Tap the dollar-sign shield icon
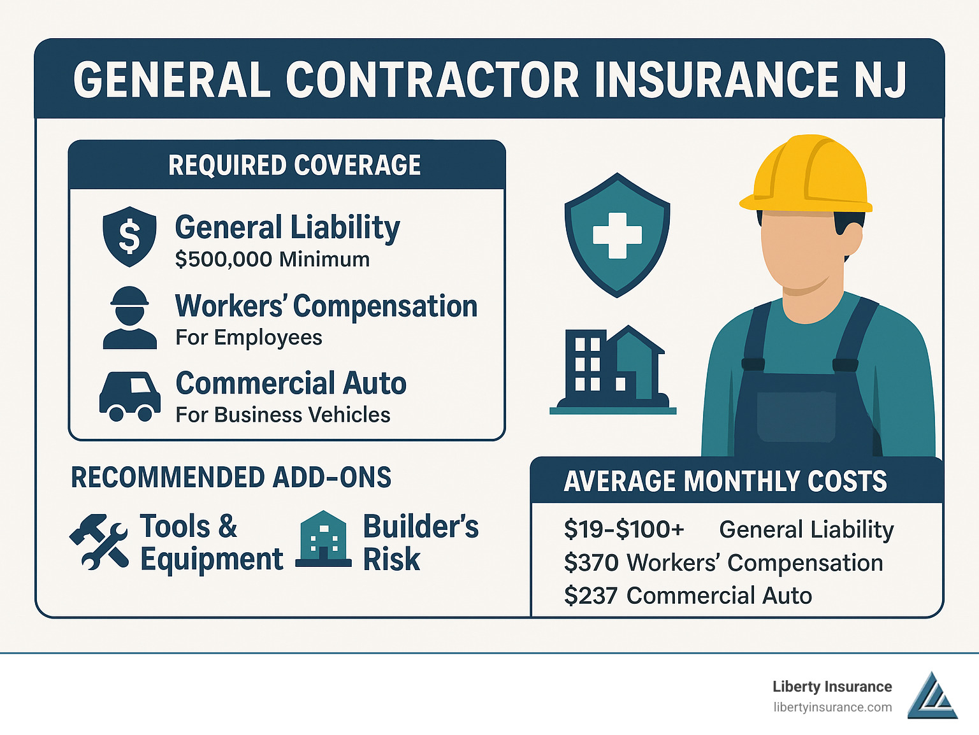(129, 236)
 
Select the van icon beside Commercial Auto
(129, 396)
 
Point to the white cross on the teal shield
(617, 235)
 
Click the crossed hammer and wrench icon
(99, 541)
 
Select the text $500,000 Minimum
(272, 260)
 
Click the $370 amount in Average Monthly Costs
(591, 563)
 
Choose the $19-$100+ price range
(624, 530)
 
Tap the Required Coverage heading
(294, 166)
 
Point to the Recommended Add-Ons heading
(231, 478)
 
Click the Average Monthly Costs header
(725, 482)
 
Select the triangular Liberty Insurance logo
(932, 696)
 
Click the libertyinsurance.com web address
(832, 708)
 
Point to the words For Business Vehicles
(283, 415)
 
